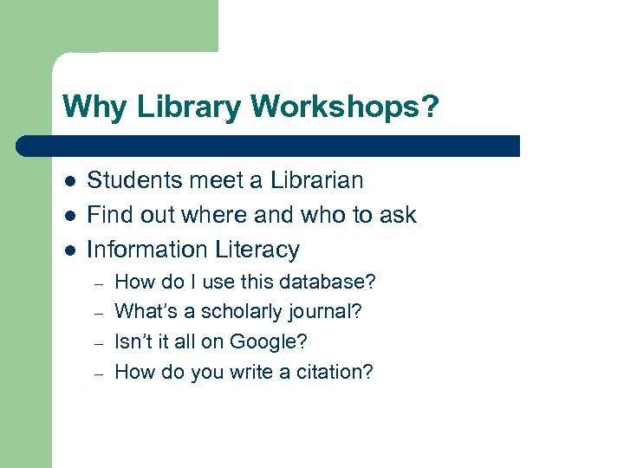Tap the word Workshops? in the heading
(x=345, y=107)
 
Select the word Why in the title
(x=88, y=107)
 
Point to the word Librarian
(x=315, y=180)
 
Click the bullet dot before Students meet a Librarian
(x=69, y=181)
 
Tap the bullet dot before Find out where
(x=69, y=216)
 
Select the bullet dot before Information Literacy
(x=69, y=250)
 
